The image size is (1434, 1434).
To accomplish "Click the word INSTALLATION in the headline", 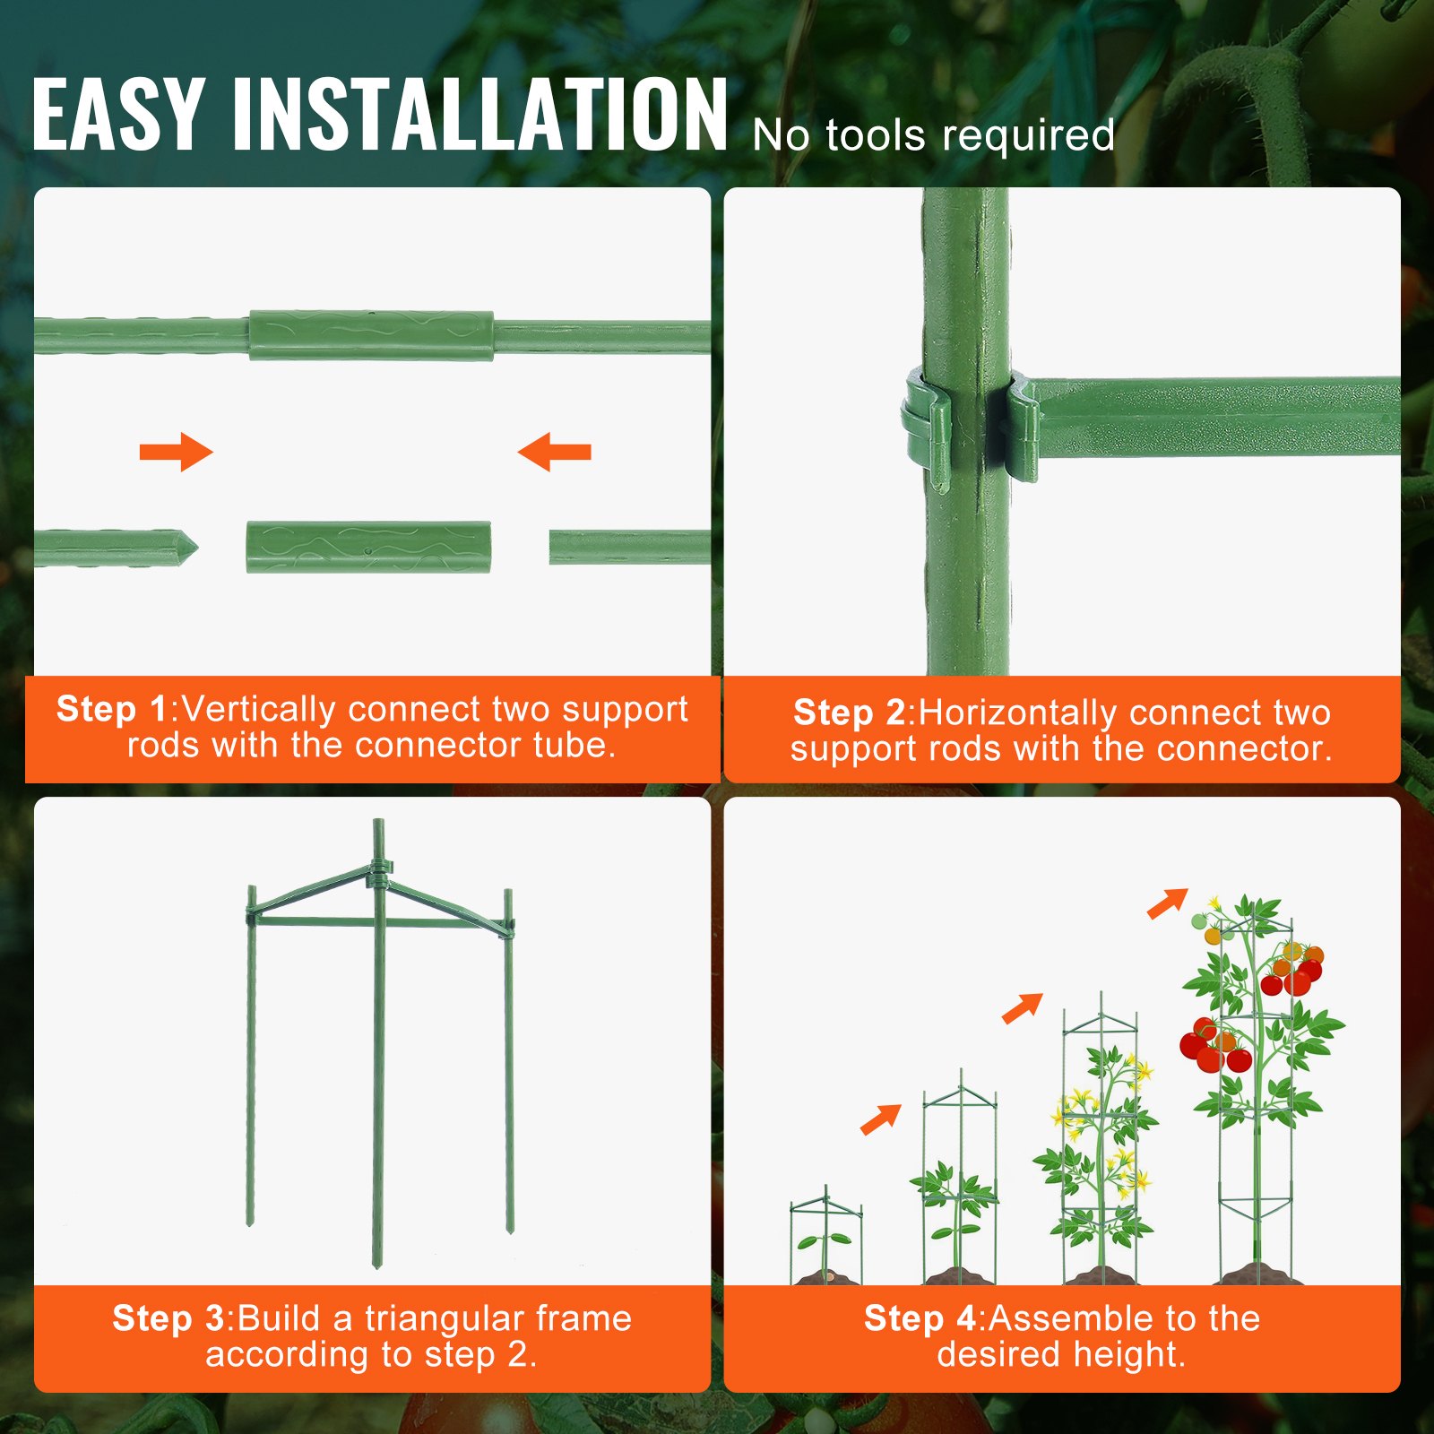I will [x=479, y=114].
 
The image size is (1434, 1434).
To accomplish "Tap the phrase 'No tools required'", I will [x=933, y=136].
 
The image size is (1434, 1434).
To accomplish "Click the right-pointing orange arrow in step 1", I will [x=177, y=452].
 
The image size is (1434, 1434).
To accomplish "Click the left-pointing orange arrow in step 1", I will [x=555, y=452].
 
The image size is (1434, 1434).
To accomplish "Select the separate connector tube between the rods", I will [x=368, y=547].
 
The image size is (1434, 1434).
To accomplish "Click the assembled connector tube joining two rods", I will [x=371, y=336].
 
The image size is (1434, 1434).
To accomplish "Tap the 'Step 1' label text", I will [x=112, y=710].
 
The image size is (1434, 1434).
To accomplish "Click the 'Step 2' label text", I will [x=849, y=713].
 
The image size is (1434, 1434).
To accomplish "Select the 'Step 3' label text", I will [x=168, y=1319].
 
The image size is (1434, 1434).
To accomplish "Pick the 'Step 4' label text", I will [x=920, y=1319].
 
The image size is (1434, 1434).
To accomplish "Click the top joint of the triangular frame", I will [x=379, y=869].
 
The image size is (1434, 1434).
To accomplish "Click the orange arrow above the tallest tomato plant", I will [x=1167, y=903].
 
